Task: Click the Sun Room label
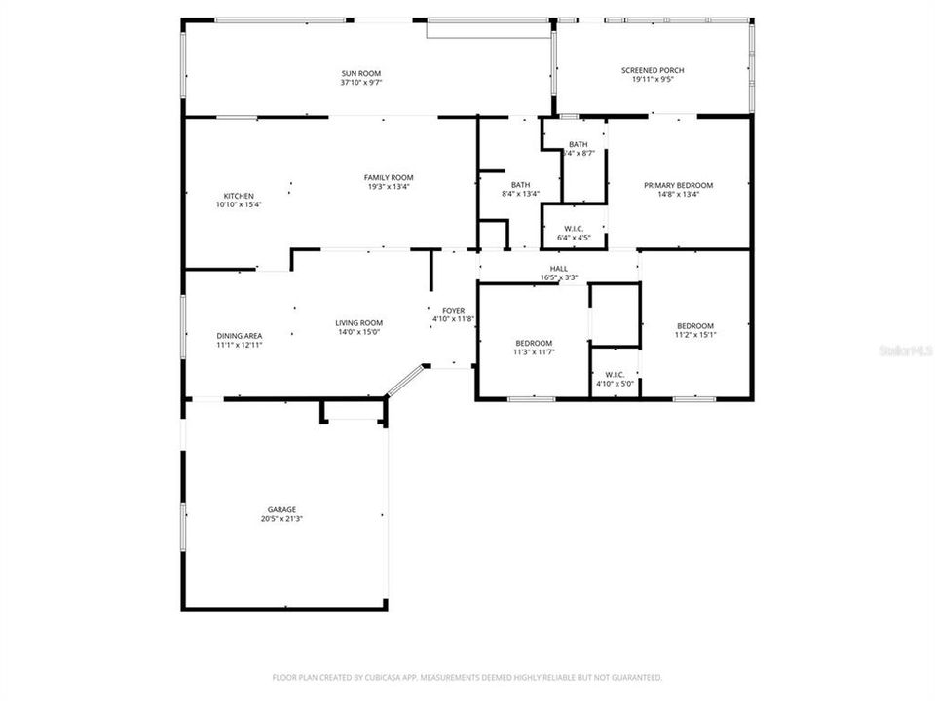point(360,73)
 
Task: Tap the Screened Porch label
point(653,70)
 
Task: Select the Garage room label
point(281,509)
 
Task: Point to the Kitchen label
point(239,196)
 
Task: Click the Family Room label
point(389,177)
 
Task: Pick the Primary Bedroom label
point(678,185)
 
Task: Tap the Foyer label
point(453,310)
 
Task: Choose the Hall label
point(559,268)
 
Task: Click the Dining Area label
point(239,336)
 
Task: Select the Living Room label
point(358,323)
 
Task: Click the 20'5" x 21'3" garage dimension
point(281,519)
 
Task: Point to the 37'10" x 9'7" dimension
point(360,83)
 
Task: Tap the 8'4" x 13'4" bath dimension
point(520,194)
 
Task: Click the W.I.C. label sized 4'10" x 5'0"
point(615,374)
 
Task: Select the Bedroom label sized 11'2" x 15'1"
point(695,326)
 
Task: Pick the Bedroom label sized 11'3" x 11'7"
point(534,343)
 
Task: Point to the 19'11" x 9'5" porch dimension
point(653,80)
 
